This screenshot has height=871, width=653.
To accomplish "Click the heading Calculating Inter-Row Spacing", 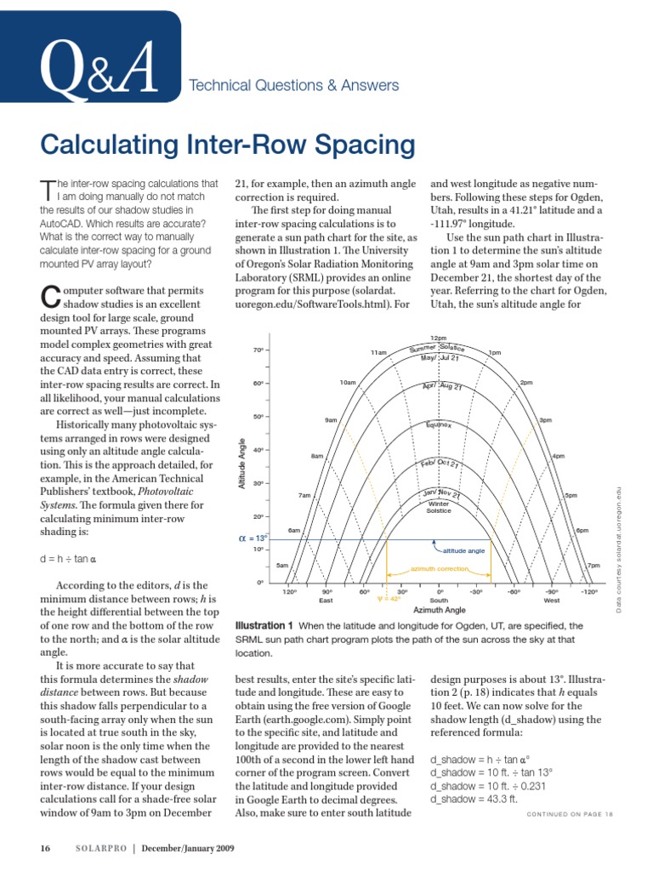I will (228, 145).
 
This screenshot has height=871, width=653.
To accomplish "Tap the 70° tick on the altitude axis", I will (258, 350).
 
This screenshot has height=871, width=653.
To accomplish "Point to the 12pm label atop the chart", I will (440, 339).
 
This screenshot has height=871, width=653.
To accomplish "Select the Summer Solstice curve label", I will (443, 348).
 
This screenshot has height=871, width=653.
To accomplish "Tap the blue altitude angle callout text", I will (464, 550).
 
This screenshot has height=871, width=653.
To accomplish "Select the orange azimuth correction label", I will (440, 569).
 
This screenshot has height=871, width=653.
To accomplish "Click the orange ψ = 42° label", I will (389, 599).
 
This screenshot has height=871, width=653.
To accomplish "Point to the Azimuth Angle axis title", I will (440, 610).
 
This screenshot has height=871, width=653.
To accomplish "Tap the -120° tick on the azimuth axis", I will (589, 591).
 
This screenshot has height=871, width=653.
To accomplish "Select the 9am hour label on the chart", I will (331, 420).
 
